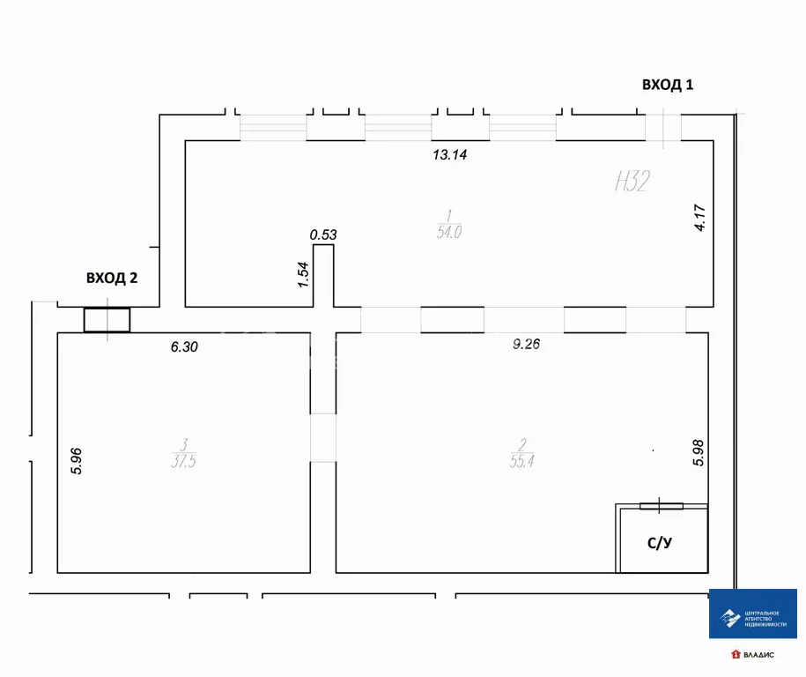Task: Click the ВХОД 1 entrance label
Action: [x=668, y=85]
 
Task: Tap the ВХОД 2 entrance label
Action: [x=112, y=278]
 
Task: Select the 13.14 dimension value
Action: [x=449, y=155]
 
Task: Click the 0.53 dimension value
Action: [x=323, y=234]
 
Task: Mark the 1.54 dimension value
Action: [x=302, y=275]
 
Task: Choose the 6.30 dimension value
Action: [x=184, y=347]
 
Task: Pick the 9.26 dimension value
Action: [x=527, y=345]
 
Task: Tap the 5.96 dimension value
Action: [x=77, y=462]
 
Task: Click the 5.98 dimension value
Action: [x=699, y=452]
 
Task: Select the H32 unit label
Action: [x=632, y=182]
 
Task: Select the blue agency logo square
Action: [x=753, y=614]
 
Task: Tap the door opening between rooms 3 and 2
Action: [x=323, y=437]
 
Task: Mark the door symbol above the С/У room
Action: [x=661, y=505]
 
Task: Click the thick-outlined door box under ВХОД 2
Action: [x=107, y=320]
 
